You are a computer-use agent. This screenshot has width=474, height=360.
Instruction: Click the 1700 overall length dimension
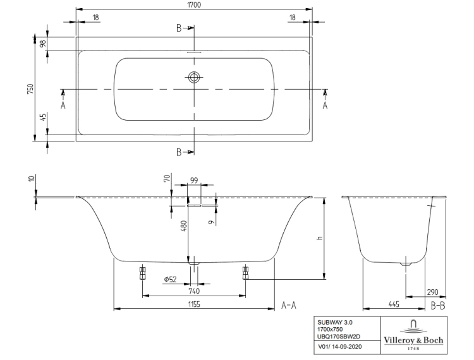pos(193,4)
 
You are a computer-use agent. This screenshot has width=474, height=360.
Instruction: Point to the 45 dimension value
pos(42,117)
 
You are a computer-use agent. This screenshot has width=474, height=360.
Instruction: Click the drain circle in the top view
pos(194,78)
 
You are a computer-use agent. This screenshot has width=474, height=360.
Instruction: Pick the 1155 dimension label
pos(193,304)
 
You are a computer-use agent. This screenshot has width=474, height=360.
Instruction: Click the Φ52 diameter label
pos(169,279)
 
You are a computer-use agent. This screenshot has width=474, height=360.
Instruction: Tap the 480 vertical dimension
pos(183,225)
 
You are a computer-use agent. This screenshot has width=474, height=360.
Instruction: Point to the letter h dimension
pos(319,238)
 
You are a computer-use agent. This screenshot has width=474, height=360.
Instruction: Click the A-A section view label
pos(289,306)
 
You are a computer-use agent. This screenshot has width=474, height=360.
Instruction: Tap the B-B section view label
pos(439,306)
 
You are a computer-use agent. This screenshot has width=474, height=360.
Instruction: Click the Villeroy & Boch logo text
pos(413,340)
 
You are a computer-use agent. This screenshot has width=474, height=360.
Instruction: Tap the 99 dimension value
pos(194,181)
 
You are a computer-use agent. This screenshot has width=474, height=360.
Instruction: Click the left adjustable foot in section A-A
pos(142,273)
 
